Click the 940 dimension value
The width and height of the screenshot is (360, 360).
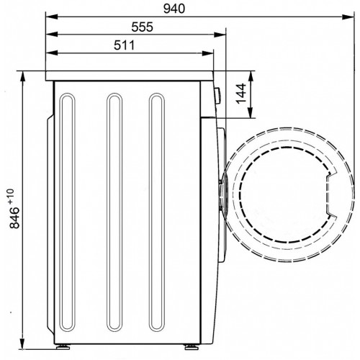174,9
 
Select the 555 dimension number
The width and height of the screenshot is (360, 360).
142,27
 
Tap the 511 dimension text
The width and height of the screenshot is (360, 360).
125,45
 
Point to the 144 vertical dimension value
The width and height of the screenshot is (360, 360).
241,94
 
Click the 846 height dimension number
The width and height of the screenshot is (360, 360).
14,217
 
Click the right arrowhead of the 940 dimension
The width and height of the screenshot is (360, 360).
348,17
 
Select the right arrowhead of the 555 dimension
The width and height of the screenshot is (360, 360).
220,35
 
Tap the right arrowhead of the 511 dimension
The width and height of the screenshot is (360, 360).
208,53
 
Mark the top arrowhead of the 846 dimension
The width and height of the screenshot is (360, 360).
22,77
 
